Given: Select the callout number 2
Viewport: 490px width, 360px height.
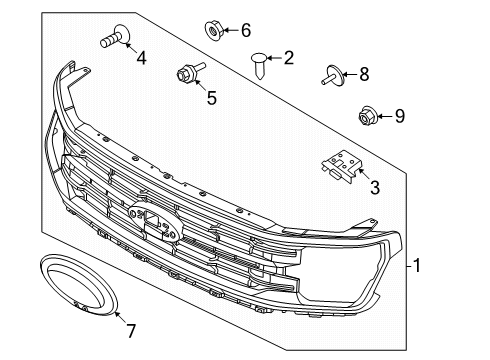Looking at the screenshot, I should (x=288, y=58).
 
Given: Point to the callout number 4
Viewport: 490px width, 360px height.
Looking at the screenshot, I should (x=140, y=58).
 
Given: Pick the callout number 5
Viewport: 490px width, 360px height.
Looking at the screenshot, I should (x=211, y=97).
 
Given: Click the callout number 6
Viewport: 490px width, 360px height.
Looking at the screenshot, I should (x=246, y=30).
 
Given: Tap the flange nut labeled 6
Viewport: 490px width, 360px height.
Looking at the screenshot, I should (x=214, y=27).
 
